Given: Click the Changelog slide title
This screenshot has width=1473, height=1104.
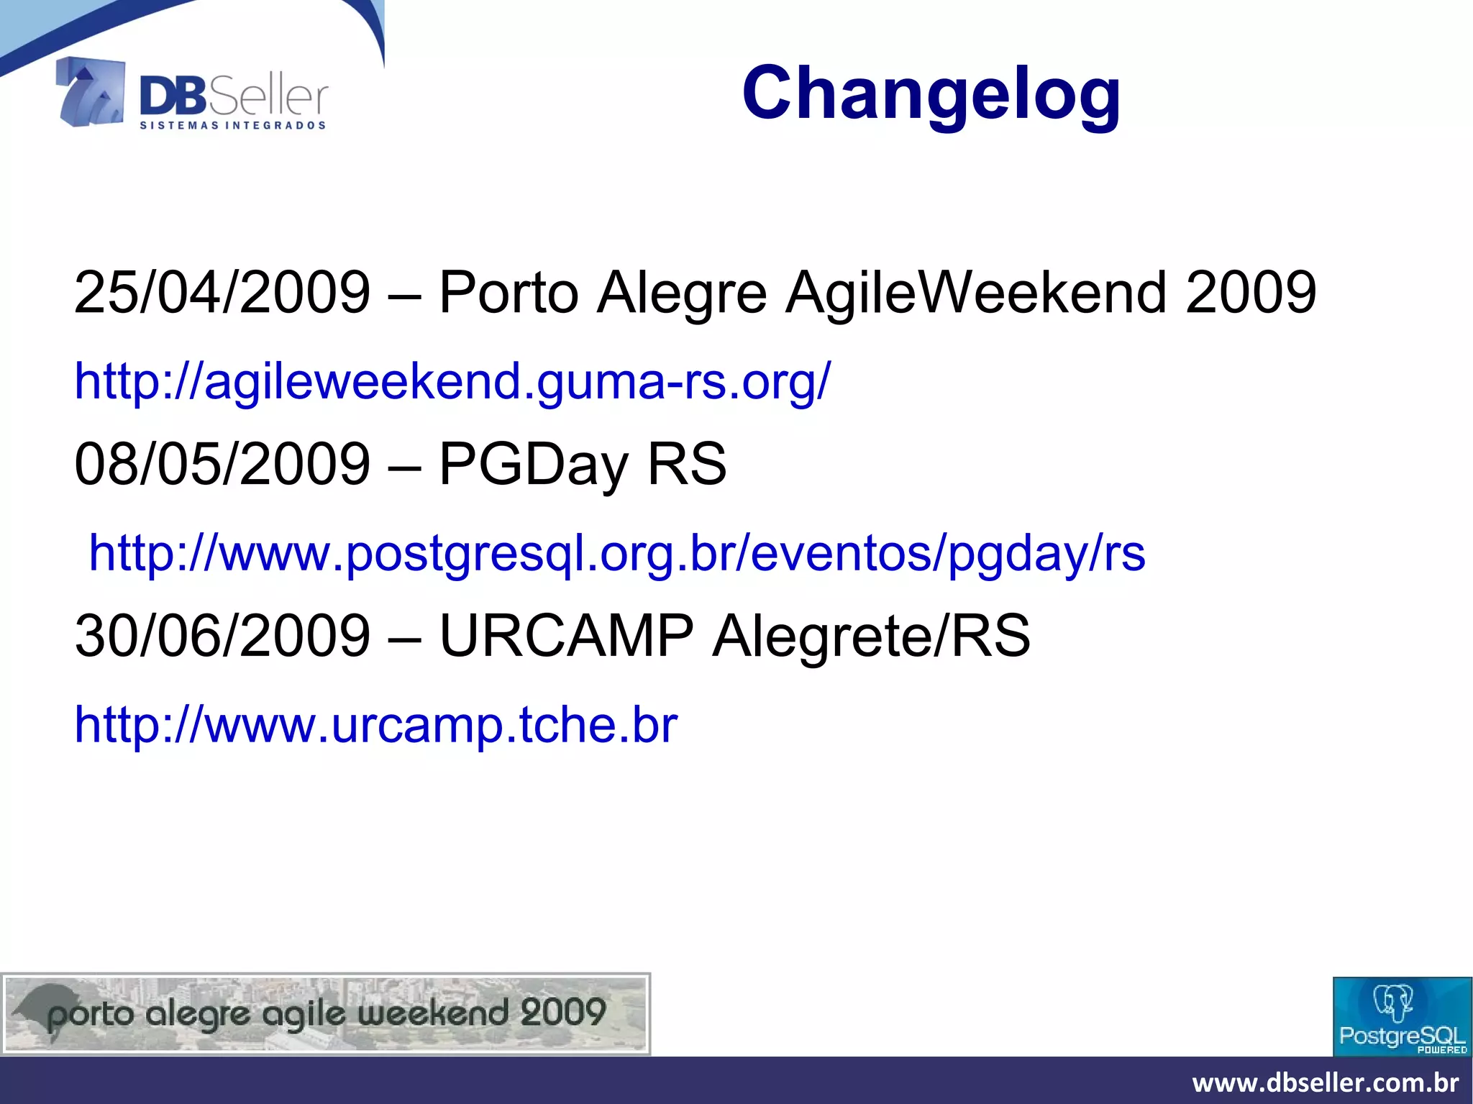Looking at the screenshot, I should (x=931, y=93).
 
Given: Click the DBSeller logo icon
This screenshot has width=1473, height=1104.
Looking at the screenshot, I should (x=91, y=92).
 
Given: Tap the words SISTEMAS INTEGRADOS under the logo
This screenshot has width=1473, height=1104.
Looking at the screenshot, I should (x=232, y=125).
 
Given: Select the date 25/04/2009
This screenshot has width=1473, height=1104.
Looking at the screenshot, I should (x=222, y=292).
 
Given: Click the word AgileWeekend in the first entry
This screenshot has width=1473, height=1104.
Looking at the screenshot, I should (x=975, y=292).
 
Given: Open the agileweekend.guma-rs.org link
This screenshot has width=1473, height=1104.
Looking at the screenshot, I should (x=452, y=380).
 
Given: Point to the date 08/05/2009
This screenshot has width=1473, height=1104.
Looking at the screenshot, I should (x=222, y=464).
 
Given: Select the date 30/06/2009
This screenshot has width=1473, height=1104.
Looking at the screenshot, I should (x=222, y=636).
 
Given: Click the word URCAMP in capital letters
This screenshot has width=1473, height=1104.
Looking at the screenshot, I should (x=566, y=636).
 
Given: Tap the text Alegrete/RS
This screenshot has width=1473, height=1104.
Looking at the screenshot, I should (x=871, y=636).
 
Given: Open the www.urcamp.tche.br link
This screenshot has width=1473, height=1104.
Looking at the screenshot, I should (x=376, y=724).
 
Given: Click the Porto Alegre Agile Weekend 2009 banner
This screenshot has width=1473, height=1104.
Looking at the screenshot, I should (x=326, y=1014).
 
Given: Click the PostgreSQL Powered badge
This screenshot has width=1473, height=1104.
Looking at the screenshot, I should (x=1402, y=1016).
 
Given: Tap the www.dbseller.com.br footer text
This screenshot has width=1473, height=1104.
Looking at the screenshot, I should (x=1325, y=1082).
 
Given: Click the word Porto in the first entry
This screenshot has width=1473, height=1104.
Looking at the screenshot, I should (x=509, y=292).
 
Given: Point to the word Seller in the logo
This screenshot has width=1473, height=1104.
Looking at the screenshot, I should (x=268, y=97).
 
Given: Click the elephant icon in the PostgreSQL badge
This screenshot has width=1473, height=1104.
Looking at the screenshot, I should (x=1394, y=1002).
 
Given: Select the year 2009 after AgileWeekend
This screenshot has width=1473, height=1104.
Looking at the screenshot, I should (x=1251, y=292).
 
